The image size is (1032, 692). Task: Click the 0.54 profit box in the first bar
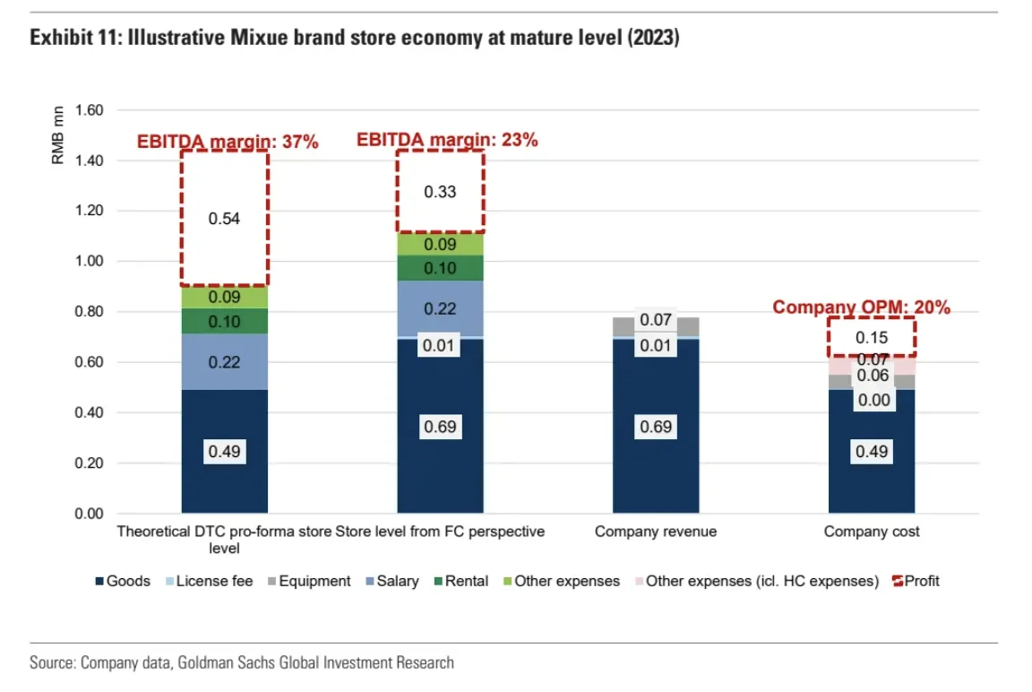pos(224,218)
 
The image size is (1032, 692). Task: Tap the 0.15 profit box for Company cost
pos(871,337)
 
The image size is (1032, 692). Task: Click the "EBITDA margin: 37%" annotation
pos(228,142)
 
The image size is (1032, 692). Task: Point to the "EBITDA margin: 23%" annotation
pos(447,140)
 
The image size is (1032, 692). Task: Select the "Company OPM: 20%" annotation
pos(861,307)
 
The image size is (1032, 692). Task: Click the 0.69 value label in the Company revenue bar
pos(656,427)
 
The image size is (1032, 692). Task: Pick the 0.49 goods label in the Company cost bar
pos(872,451)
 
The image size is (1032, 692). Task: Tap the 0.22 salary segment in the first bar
pos(224,362)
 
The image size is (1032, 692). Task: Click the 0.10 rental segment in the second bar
pos(440,268)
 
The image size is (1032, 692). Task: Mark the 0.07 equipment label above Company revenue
pos(656,319)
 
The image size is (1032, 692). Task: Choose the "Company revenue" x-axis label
pos(656,532)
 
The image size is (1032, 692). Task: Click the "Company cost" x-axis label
pos(872,532)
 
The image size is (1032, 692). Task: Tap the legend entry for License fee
pos(207,581)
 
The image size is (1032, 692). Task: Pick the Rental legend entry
pos(459,581)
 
